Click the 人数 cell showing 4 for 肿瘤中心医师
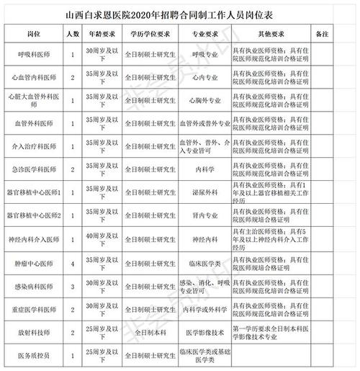click(73, 262)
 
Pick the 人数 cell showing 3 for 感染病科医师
click(73, 286)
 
